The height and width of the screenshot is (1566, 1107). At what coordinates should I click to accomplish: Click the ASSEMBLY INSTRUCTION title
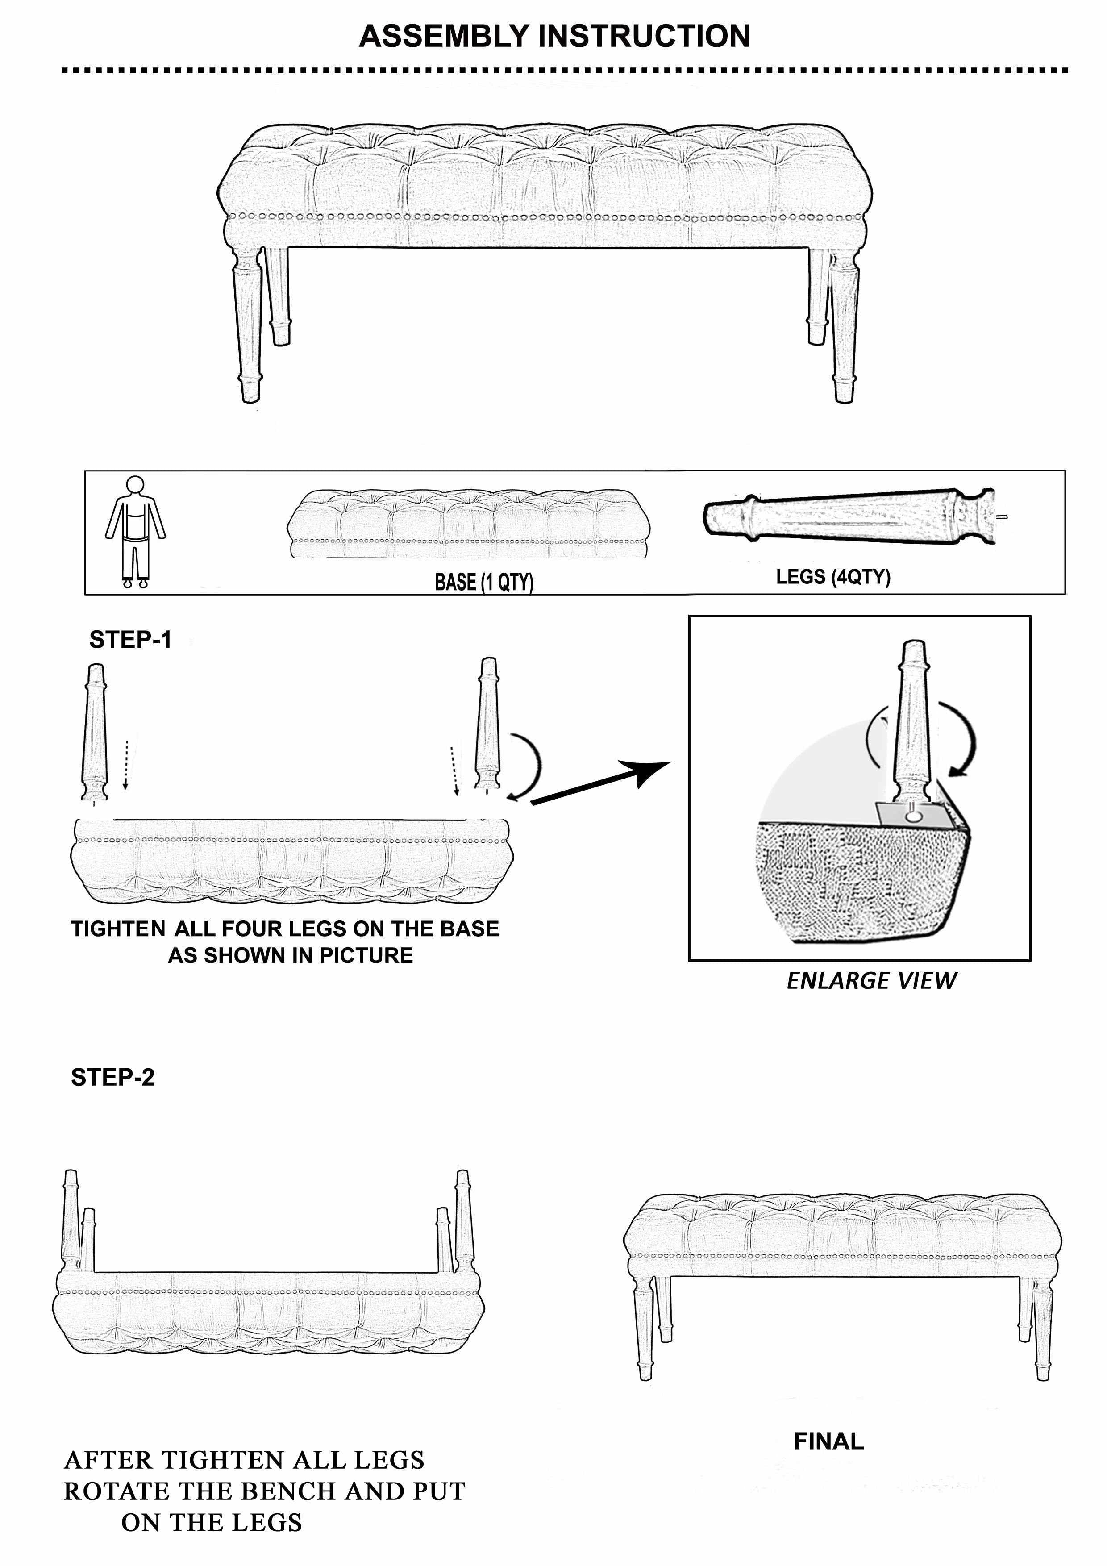coord(554,36)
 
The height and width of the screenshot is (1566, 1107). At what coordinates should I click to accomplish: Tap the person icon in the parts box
coord(135,531)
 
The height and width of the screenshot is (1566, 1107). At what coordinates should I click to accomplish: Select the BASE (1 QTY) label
coord(484,582)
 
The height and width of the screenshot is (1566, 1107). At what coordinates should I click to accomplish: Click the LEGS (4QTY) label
coord(833,576)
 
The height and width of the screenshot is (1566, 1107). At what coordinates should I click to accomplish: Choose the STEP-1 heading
coord(130,640)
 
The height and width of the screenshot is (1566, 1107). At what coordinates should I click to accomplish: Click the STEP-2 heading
coord(112,1077)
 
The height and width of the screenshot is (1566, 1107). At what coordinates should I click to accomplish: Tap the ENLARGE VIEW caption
coord(871,980)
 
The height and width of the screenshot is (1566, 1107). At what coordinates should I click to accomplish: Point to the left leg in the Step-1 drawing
coord(94,733)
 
